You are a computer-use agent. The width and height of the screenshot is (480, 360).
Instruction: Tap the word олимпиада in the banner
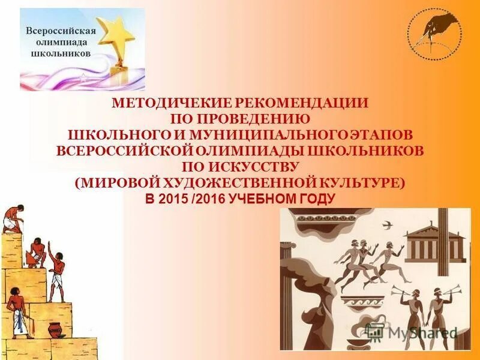coord(59,42)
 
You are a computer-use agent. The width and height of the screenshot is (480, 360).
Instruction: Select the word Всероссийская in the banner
coord(60,31)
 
